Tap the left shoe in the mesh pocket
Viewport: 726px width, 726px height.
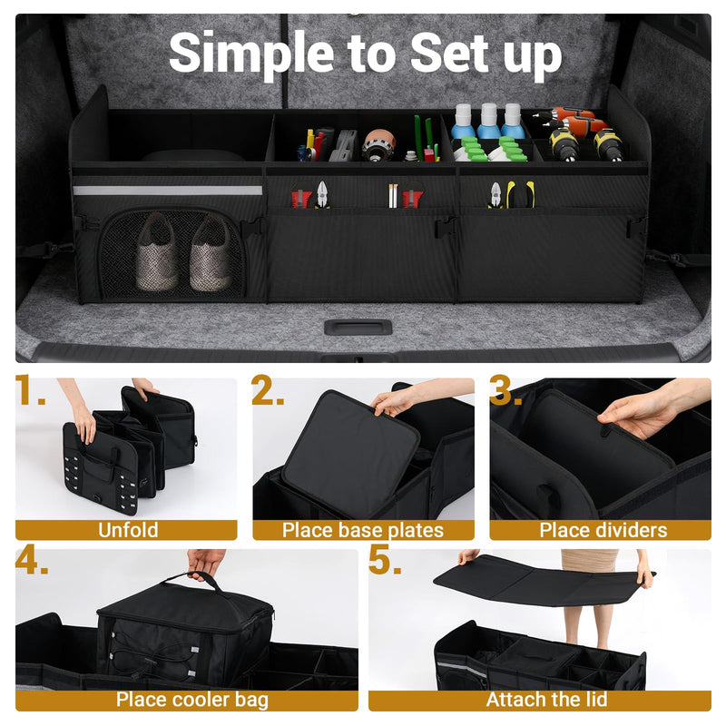click(157, 253)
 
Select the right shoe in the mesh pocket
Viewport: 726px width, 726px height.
click(210, 253)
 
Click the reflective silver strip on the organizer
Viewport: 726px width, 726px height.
click(167, 191)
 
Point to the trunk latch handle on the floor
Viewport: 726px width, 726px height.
click(358, 327)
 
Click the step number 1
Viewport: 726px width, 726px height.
click(31, 392)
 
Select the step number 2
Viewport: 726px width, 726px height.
click(268, 392)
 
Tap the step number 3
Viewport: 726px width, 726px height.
click(505, 392)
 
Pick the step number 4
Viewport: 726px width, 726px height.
click(33, 562)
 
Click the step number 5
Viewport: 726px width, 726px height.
click(385, 562)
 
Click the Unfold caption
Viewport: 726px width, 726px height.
click(127, 530)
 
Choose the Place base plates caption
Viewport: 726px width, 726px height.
click(363, 530)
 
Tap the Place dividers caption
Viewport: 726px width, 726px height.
click(603, 530)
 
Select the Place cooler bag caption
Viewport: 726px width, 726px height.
click(191, 700)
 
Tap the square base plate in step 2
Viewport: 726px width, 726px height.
click(349, 454)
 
